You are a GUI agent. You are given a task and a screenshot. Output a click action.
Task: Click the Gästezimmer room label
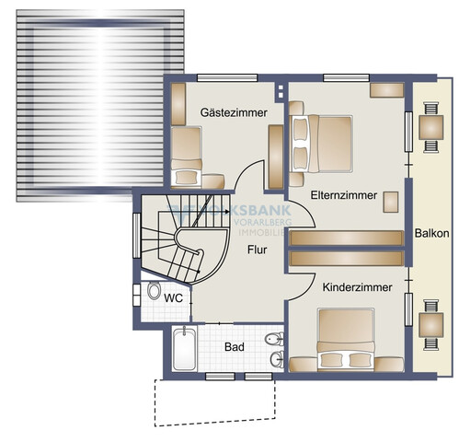click(234, 112)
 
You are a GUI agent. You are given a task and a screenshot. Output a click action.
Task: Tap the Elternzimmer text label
click(346, 196)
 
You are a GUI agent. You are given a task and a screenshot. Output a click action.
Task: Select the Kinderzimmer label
click(357, 288)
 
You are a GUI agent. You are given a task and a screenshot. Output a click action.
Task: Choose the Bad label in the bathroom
click(235, 347)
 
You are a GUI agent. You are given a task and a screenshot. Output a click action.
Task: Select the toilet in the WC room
click(154, 292)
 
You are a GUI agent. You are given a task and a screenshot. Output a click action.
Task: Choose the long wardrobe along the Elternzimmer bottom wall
click(346, 238)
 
